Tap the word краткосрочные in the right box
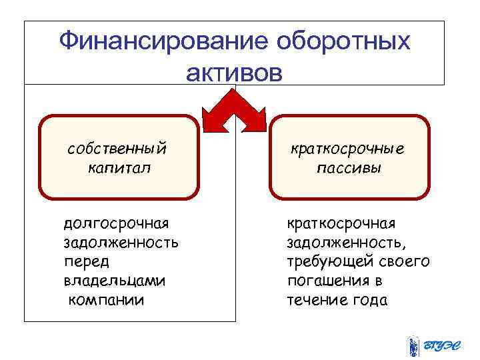pyautogui.click(x=348, y=148)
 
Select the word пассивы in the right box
pyautogui.click(x=349, y=167)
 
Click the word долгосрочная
pyautogui.click(x=116, y=222)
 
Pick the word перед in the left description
pyautogui.click(x=86, y=261)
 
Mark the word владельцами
pyautogui.click(x=114, y=280)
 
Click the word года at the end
pyautogui.click(x=369, y=300)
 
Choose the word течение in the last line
pyautogui.click(x=317, y=300)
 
